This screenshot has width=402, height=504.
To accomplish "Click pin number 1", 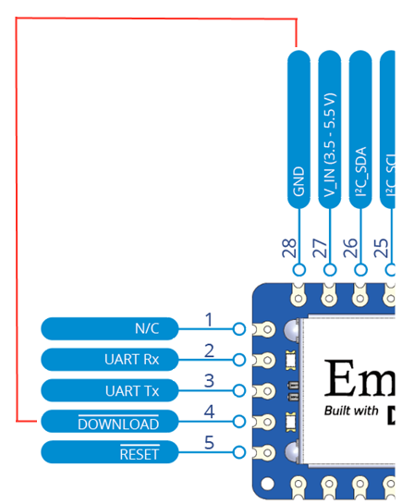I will (x=209, y=320).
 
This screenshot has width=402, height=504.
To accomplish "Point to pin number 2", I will (x=209, y=350).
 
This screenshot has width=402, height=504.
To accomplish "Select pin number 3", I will (x=209, y=381).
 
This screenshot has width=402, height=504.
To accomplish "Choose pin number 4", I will (x=209, y=412).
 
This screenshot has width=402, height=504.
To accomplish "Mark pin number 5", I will (x=209, y=443).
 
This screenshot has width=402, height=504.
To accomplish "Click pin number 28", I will (x=290, y=247).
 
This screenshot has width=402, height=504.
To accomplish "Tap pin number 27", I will (x=322, y=247).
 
